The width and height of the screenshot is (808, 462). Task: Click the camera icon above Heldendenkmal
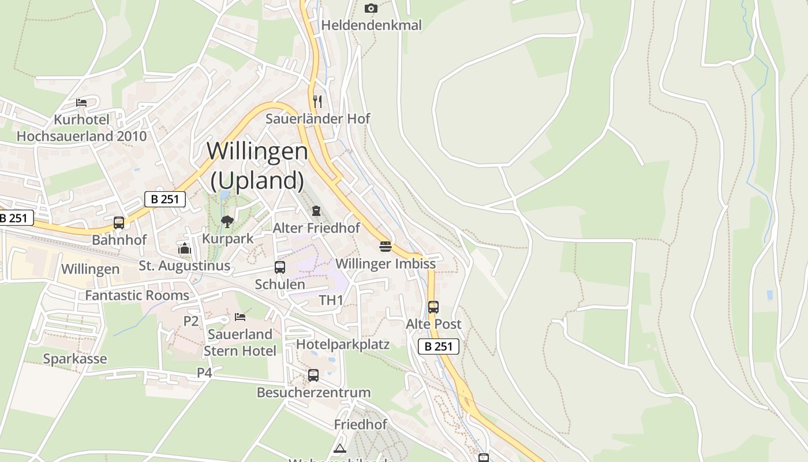(x=371, y=8)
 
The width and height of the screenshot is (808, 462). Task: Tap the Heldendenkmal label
(x=371, y=25)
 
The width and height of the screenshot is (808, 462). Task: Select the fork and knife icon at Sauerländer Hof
(x=317, y=101)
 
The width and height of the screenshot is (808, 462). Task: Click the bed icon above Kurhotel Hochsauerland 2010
(x=81, y=103)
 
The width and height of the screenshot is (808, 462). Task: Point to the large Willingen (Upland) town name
(x=257, y=166)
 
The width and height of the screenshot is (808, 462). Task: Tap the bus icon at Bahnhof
(x=119, y=222)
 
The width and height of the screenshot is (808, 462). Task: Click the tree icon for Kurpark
(x=227, y=221)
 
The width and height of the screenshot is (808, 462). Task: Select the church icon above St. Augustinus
(x=185, y=249)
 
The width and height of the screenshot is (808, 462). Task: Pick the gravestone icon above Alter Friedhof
(x=316, y=211)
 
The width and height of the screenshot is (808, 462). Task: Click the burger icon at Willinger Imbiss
(x=386, y=247)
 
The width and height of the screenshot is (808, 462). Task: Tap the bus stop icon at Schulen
(x=280, y=267)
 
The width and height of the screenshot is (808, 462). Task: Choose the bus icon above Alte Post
(x=433, y=307)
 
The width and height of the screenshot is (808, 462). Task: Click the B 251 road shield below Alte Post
(x=439, y=346)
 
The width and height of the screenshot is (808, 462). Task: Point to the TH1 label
(x=331, y=300)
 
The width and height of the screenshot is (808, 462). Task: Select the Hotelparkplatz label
(x=343, y=345)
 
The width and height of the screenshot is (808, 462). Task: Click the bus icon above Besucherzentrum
(x=313, y=375)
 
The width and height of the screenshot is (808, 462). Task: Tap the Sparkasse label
(x=75, y=359)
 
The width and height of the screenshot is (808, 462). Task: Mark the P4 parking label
(x=205, y=373)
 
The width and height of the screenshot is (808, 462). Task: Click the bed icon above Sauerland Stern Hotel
(x=240, y=317)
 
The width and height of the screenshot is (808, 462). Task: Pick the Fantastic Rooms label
(x=137, y=296)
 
